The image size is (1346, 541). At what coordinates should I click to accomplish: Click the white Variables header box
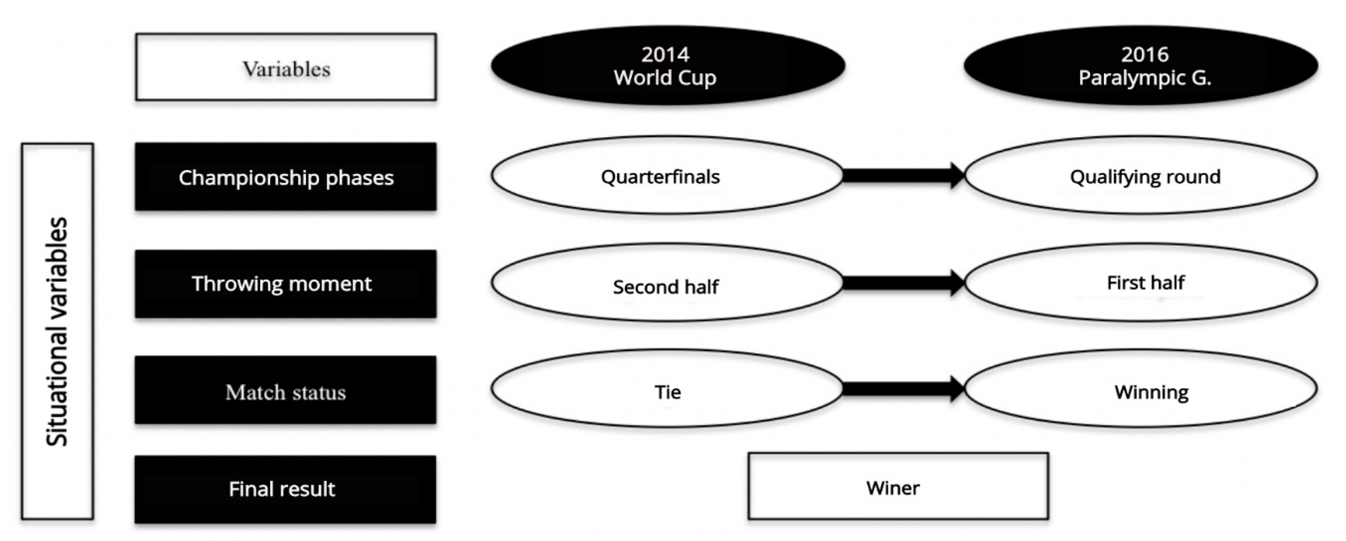pyautogui.click(x=286, y=67)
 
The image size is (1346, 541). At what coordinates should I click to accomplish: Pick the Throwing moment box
pyautogui.click(x=286, y=284)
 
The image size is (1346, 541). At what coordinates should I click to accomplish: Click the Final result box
pyautogui.click(x=286, y=489)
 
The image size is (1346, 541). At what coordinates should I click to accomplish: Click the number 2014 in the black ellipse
pyautogui.click(x=665, y=54)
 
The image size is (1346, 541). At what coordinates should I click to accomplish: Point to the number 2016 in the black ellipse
pyautogui.click(x=1144, y=54)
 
